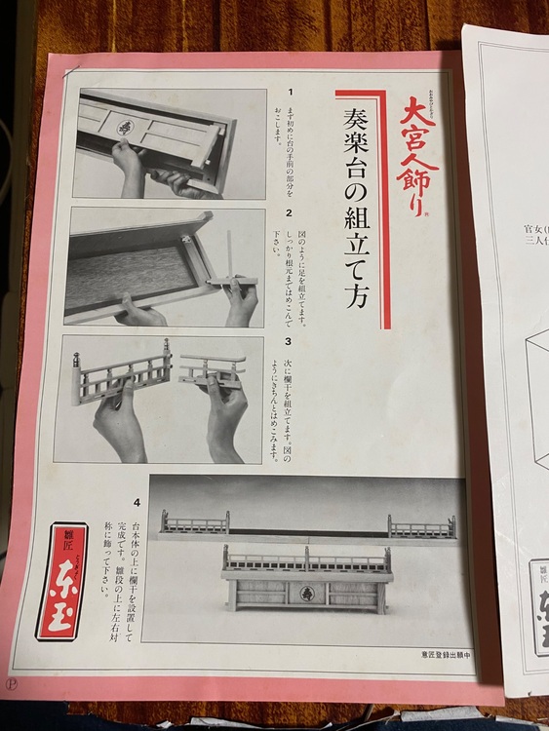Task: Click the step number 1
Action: coord(290,92)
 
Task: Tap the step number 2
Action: coord(290,212)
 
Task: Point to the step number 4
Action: coord(137,503)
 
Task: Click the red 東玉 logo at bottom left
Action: coord(61,585)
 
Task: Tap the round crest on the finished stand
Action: coord(306,592)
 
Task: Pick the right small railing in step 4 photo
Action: coord(421,527)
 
